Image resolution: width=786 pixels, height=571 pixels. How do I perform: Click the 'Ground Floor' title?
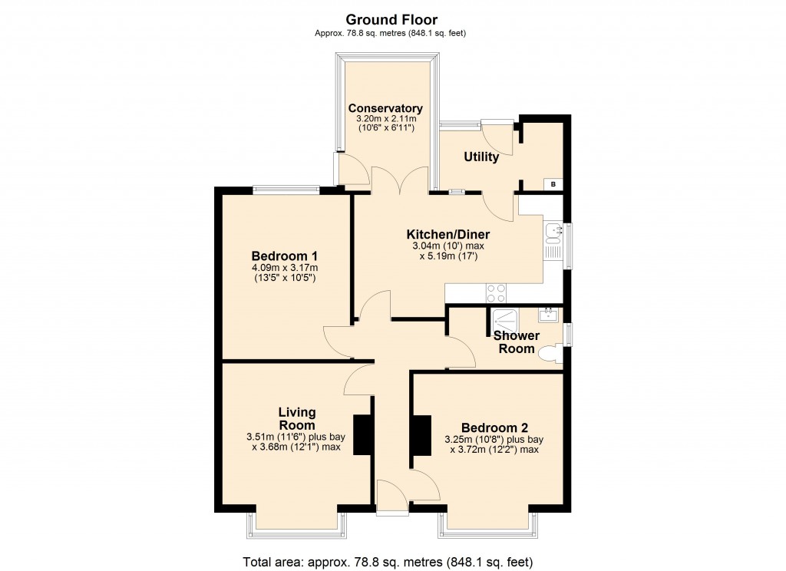click(x=391, y=19)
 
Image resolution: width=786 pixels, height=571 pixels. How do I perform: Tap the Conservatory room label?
click(x=385, y=108)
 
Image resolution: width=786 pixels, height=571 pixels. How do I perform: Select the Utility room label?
click(x=481, y=157)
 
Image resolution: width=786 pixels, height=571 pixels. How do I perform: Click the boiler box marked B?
click(x=553, y=184)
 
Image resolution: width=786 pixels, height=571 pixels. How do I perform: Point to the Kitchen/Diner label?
click(x=447, y=234)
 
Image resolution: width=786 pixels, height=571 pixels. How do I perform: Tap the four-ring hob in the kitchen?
click(x=496, y=292)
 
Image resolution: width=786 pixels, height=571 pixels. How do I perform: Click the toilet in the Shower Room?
click(x=551, y=355)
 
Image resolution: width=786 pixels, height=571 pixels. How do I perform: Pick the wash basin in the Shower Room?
click(x=549, y=313)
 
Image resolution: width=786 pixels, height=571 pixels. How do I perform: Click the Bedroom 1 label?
click(x=284, y=256)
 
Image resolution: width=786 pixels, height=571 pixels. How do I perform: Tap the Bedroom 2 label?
click(x=494, y=427)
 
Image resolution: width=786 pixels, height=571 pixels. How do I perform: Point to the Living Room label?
click(x=296, y=419)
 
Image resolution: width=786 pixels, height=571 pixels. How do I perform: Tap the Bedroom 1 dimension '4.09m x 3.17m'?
click(x=284, y=268)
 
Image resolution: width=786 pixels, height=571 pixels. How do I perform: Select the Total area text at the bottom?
click(x=388, y=560)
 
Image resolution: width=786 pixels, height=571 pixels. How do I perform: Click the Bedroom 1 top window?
click(x=286, y=189)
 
